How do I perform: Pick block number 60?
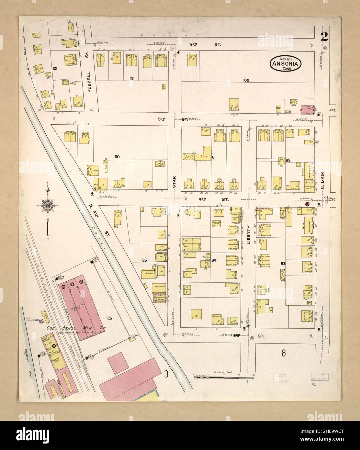[117, 157]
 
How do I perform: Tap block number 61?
[214, 157]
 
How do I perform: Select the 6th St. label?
[205, 44]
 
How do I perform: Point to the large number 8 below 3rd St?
[283, 353]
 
